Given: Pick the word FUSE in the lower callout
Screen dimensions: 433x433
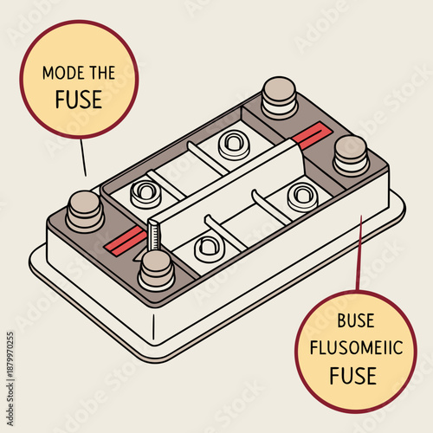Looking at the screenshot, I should pyautogui.click(x=352, y=376).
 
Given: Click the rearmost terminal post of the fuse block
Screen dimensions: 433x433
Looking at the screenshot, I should pyautogui.click(x=279, y=95).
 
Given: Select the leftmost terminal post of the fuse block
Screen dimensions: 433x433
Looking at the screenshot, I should pyautogui.click(x=85, y=209).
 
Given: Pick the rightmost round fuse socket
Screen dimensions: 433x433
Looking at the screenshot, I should pyautogui.click(x=301, y=196).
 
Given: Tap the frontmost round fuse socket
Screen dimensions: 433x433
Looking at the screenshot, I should pyautogui.click(x=210, y=249).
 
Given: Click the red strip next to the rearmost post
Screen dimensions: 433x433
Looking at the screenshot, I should pyautogui.click(x=308, y=133).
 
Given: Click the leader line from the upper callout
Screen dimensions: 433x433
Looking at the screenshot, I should pyautogui.click(x=82, y=156).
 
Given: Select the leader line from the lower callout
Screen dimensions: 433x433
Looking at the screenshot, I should pyautogui.click(x=358, y=251).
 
